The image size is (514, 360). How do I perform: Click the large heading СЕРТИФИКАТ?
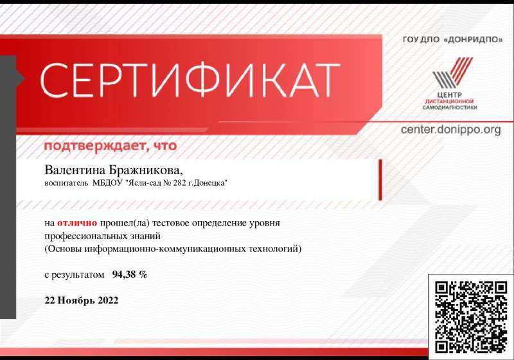[190, 80]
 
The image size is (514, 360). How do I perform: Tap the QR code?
[471, 317]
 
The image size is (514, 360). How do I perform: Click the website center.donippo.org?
[451, 129]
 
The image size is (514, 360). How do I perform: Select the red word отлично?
[77, 223]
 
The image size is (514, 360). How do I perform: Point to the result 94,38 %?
[130, 274]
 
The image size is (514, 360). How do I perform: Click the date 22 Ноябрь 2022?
[82, 300]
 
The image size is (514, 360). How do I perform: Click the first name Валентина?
[75, 170]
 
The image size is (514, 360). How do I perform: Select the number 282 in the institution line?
[180, 183]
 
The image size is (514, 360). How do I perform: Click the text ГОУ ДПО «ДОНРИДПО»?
[452, 40]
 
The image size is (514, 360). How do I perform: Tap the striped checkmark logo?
[452, 73]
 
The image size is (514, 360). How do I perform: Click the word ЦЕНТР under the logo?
[449, 94]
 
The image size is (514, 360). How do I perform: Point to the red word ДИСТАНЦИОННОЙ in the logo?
[449, 102]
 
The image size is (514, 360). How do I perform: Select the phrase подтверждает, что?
[111, 145]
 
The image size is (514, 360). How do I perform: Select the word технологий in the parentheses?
[275, 249]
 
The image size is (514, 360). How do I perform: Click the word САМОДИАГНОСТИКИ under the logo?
[449, 107]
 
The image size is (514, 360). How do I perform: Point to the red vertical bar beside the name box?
[380, 180]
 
